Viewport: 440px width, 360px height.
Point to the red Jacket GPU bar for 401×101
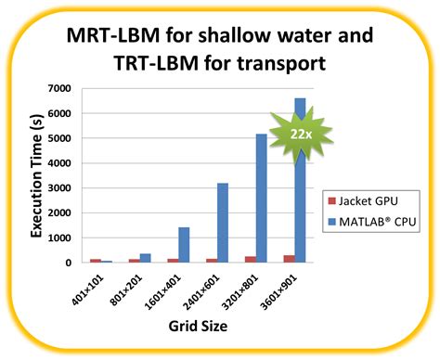tap(95, 260)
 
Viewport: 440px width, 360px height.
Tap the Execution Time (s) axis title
tap(38, 174)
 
